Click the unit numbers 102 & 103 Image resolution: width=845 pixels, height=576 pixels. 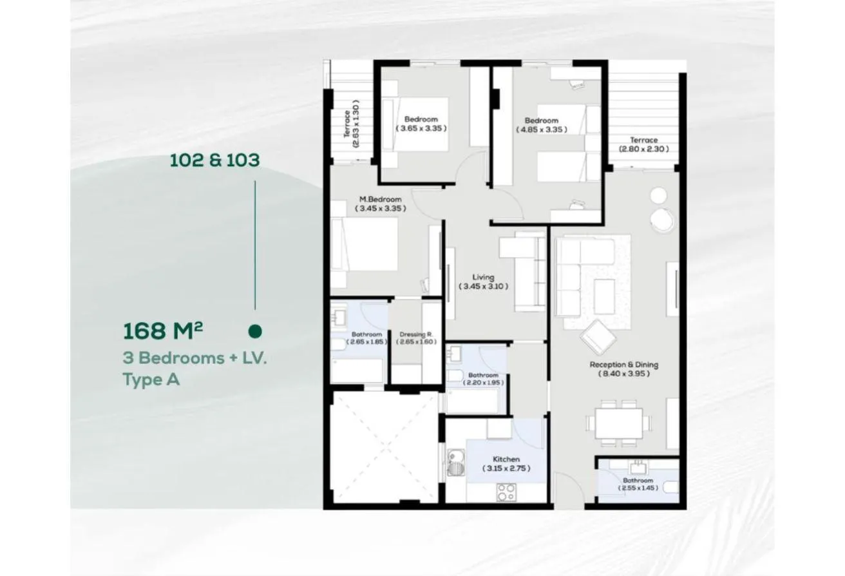(214, 160)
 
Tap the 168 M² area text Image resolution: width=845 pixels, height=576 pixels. (163, 331)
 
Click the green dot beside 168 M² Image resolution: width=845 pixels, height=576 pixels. (256, 331)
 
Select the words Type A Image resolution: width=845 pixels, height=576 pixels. (151, 379)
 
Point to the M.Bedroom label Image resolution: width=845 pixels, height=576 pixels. (380, 199)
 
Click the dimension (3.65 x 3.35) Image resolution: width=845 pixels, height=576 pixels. (421, 128)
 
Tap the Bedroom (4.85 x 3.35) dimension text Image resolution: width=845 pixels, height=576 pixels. (542, 130)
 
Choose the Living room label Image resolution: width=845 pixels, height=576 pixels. (483, 278)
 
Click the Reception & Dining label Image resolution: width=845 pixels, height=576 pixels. (624, 365)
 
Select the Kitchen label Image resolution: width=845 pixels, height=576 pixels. (506, 459)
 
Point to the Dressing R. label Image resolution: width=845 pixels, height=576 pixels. (416, 334)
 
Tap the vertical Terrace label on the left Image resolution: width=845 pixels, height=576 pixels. (347, 124)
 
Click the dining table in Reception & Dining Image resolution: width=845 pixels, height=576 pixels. (619, 423)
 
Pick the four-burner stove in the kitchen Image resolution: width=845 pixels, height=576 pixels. (506, 492)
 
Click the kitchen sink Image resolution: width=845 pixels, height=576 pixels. (456, 463)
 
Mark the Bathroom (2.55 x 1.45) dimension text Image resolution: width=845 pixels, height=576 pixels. (638, 488)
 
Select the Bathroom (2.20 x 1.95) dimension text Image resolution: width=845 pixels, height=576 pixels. (483, 383)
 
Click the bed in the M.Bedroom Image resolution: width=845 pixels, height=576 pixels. (365, 244)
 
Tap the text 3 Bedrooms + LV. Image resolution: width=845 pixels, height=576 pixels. (195, 358)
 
